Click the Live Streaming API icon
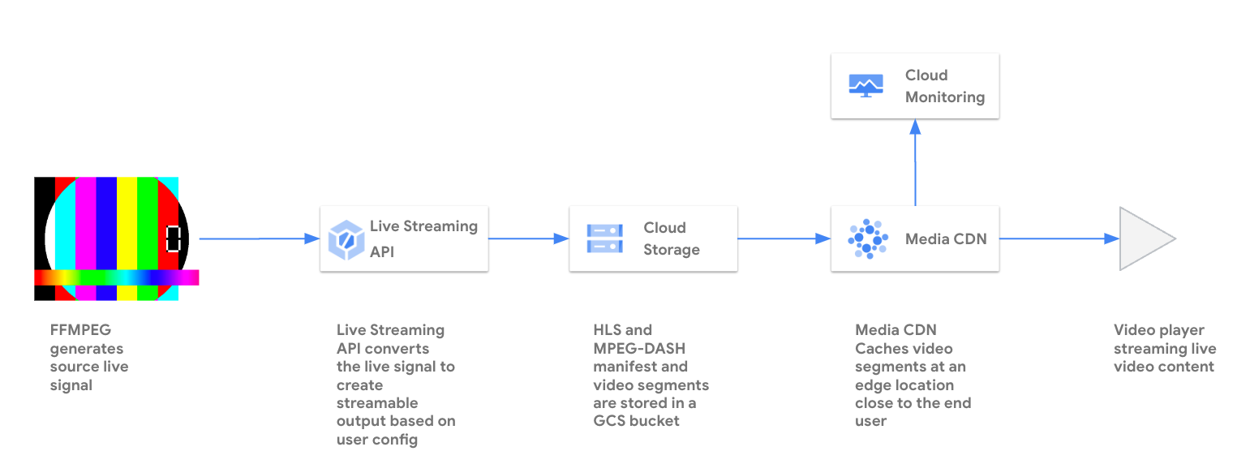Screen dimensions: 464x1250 pos(345,240)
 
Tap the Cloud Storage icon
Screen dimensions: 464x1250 pos(604,239)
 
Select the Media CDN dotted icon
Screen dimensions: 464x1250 pos(866,239)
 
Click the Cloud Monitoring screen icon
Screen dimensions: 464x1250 pos(866,85)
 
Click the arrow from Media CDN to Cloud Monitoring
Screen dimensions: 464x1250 pos(915,162)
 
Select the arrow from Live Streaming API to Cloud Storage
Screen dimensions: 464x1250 pos(528,238)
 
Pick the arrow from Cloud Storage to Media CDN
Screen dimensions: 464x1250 pos(784,238)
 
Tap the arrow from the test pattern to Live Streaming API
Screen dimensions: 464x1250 pos(260,238)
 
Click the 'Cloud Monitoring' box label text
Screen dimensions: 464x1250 pos(945,86)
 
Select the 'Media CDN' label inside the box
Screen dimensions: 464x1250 pos(946,239)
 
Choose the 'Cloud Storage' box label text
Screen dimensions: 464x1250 pos(672,238)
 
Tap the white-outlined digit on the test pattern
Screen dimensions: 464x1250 pos(173,238)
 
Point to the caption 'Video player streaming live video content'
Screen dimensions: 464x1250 pos(1164,348)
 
